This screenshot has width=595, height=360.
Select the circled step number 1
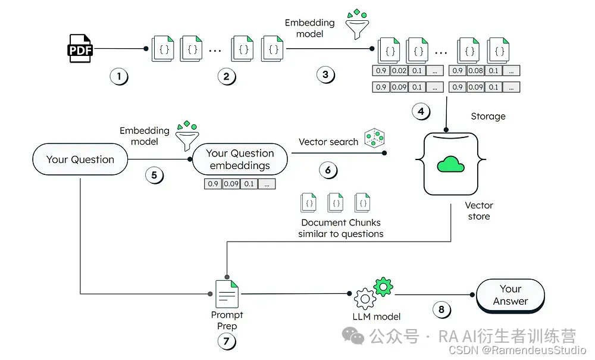tap(119, 76)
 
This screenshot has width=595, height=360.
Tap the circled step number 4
tap(421, 111)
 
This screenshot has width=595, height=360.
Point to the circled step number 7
tap(227, 342)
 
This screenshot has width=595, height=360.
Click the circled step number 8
tap(441, 309)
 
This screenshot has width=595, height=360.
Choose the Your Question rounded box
tap(80, 159)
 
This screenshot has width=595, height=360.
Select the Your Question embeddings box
tap(240, 159)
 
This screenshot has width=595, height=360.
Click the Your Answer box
tap(511, 295)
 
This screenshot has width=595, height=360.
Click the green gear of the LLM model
tap(384, 287)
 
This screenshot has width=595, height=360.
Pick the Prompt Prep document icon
tap(227, 294)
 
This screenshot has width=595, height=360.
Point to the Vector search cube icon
tap(375, 139)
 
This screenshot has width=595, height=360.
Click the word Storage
tap(488, 116)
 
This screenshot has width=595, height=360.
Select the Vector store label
tap(479, 211)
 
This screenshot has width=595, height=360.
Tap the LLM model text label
tap(377, 317)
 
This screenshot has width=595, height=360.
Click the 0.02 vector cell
tap(399, 71)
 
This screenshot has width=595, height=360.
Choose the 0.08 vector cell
tap(476, 71)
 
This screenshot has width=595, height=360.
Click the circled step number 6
tap(328, 170)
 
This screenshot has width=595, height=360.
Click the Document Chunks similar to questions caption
tap(341, 228)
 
